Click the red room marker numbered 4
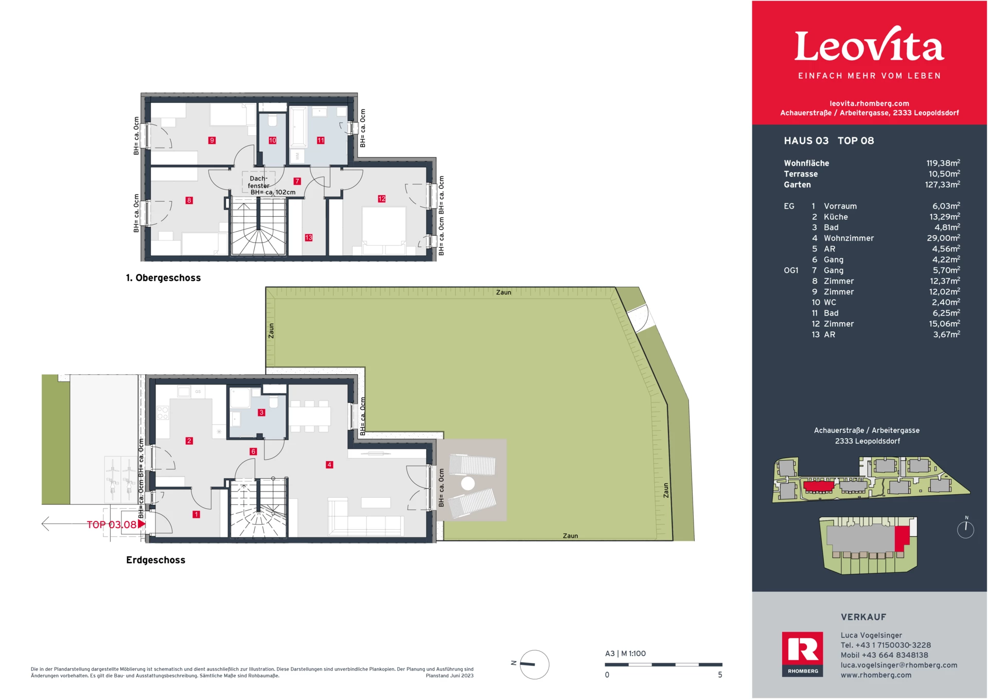[x=329, y=464]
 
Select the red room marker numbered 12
[x=381, y=199]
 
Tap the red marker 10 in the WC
[x=272, y=140]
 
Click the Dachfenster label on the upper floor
[x=258, y=182]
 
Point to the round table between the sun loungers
[x=468, y=483]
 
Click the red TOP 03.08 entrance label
[x=112, y=525]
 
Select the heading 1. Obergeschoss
[x=163, y=278]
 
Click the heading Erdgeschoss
[x=155, y=560]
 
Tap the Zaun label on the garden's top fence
[x=503, y=292]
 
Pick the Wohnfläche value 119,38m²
[x=943, y=163]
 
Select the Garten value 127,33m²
[x=942, y=184]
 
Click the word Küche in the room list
[x=836, y=217]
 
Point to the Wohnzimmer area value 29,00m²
[x=943, y=238]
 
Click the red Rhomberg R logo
[x=802, y=650]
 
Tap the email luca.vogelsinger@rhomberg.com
[x=898, y=665]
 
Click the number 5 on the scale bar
[x=720, y=675]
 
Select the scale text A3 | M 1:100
[x=625, y=654]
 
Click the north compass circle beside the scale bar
[x=534, y=665]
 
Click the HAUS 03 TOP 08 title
[x=828, y=141]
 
